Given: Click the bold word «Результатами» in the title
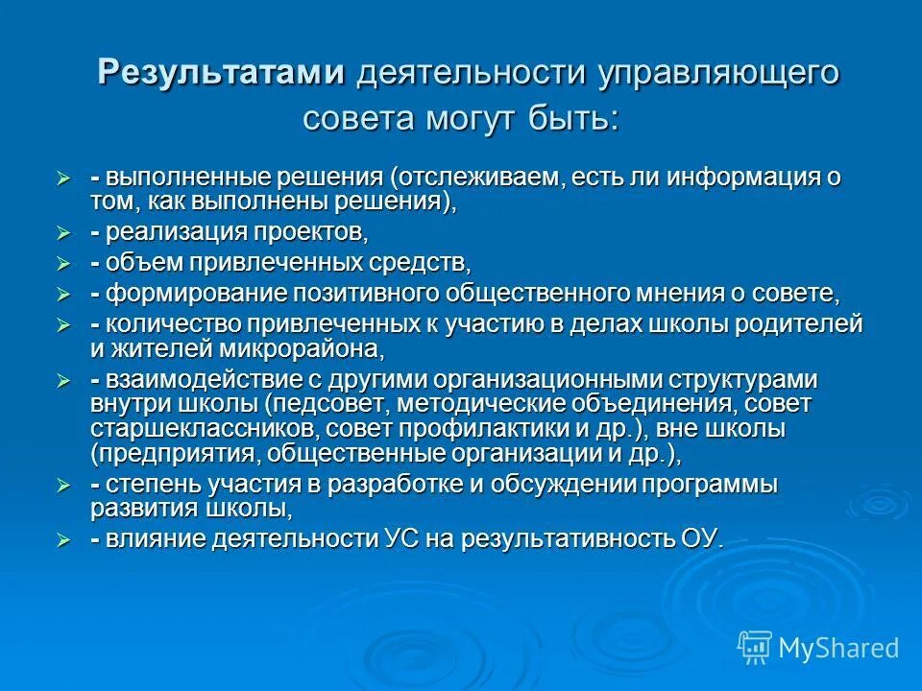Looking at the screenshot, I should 223,74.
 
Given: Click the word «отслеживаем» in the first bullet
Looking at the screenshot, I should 475,178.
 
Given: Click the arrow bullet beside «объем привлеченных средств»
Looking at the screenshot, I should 63,262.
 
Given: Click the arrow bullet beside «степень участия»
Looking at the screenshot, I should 63,484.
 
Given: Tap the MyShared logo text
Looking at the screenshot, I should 838,648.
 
